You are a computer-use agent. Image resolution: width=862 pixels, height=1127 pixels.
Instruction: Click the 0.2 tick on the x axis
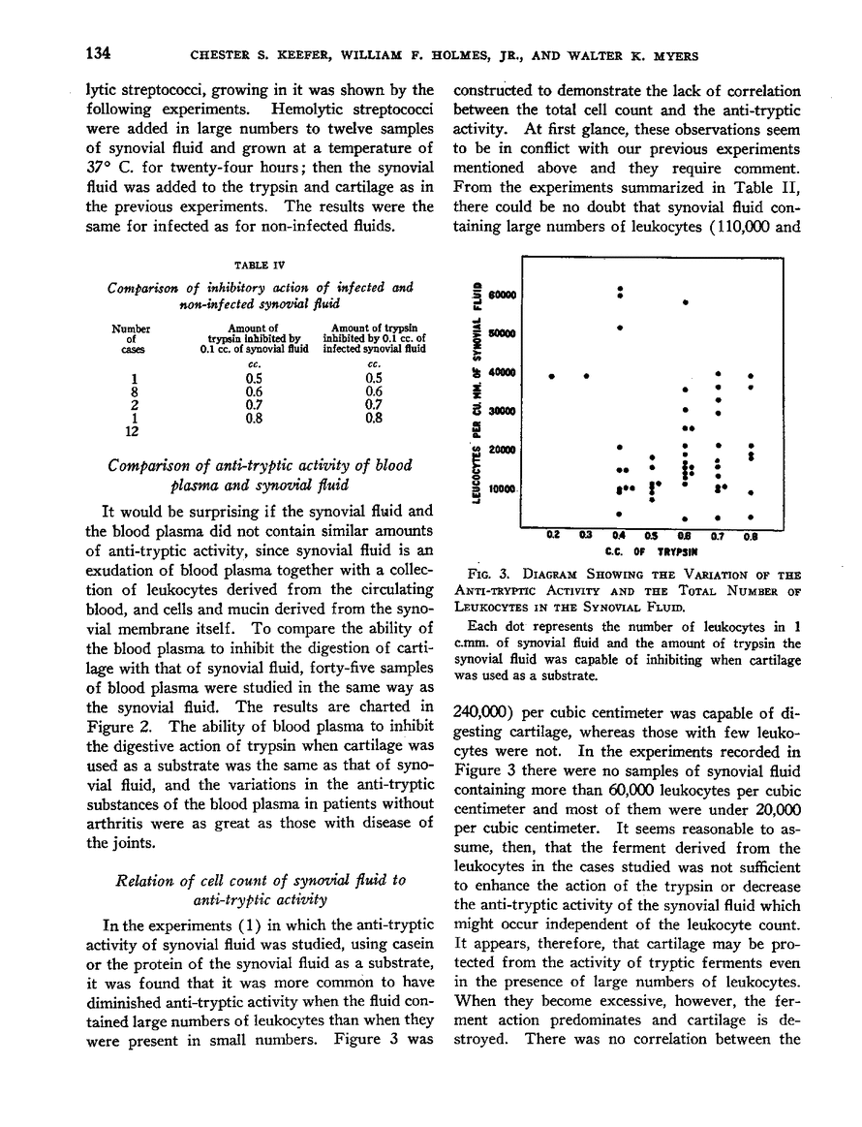tap(554, 532)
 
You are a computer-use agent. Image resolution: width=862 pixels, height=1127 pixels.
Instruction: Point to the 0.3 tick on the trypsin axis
tap(585, 532)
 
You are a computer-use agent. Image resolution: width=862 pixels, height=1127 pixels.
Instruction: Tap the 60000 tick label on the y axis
tap(504, 295)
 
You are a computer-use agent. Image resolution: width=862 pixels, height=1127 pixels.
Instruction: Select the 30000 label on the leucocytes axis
tap(504, 410)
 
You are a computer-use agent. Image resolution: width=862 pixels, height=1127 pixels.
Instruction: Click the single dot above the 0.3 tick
tap(586, 375)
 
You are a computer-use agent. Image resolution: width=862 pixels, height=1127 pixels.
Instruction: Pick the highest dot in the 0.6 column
tap(685, 303)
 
